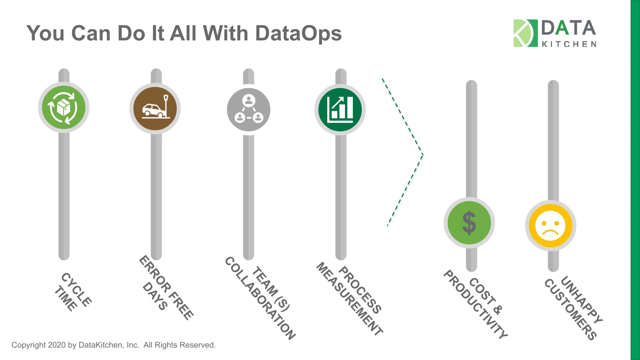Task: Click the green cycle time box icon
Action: click(64, 107)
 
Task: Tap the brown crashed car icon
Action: click(155, 109)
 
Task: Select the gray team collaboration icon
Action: click(249, 109)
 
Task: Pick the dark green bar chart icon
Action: click(340, 110)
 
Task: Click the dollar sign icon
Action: click(469, 223)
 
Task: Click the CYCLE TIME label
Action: click(73, 292)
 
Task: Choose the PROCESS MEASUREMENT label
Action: click(350, 299)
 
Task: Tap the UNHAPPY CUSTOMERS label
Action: click(573, 308)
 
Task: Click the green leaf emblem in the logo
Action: click(525, 33)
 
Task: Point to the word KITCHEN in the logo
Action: click(569, 44)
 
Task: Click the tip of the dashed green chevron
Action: click(423, 154)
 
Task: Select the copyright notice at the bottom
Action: click(114, 345)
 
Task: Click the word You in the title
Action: click(46, 34)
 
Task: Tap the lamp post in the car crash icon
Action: click(166, 106)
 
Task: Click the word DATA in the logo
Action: click(569, 28)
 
